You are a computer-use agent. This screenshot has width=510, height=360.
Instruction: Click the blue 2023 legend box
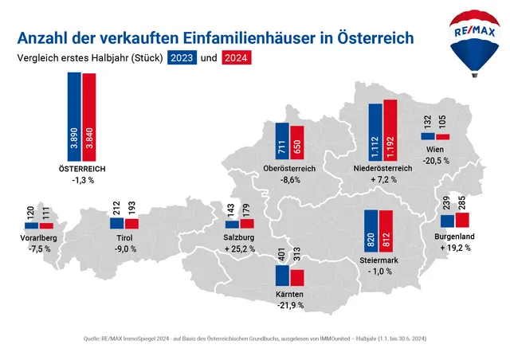click(x=181, y=58)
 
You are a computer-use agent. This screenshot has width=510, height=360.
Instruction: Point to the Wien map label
click(x=435, y=149)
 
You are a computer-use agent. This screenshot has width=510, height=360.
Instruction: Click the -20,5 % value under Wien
click(x=436, y=160)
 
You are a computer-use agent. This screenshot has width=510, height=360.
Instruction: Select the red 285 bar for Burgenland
click(x=462, y=220)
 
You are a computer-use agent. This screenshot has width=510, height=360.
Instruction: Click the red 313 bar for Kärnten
click(x=297, y=277)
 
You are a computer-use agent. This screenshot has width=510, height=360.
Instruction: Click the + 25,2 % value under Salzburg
click(x=240, y=248)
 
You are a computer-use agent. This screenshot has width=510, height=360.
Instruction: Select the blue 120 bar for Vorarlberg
click(x=31, y=225)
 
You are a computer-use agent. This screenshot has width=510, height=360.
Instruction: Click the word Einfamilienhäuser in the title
click(x=242, y=37)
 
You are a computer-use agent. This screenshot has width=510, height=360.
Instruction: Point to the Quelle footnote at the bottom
click(x=255, y=338)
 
